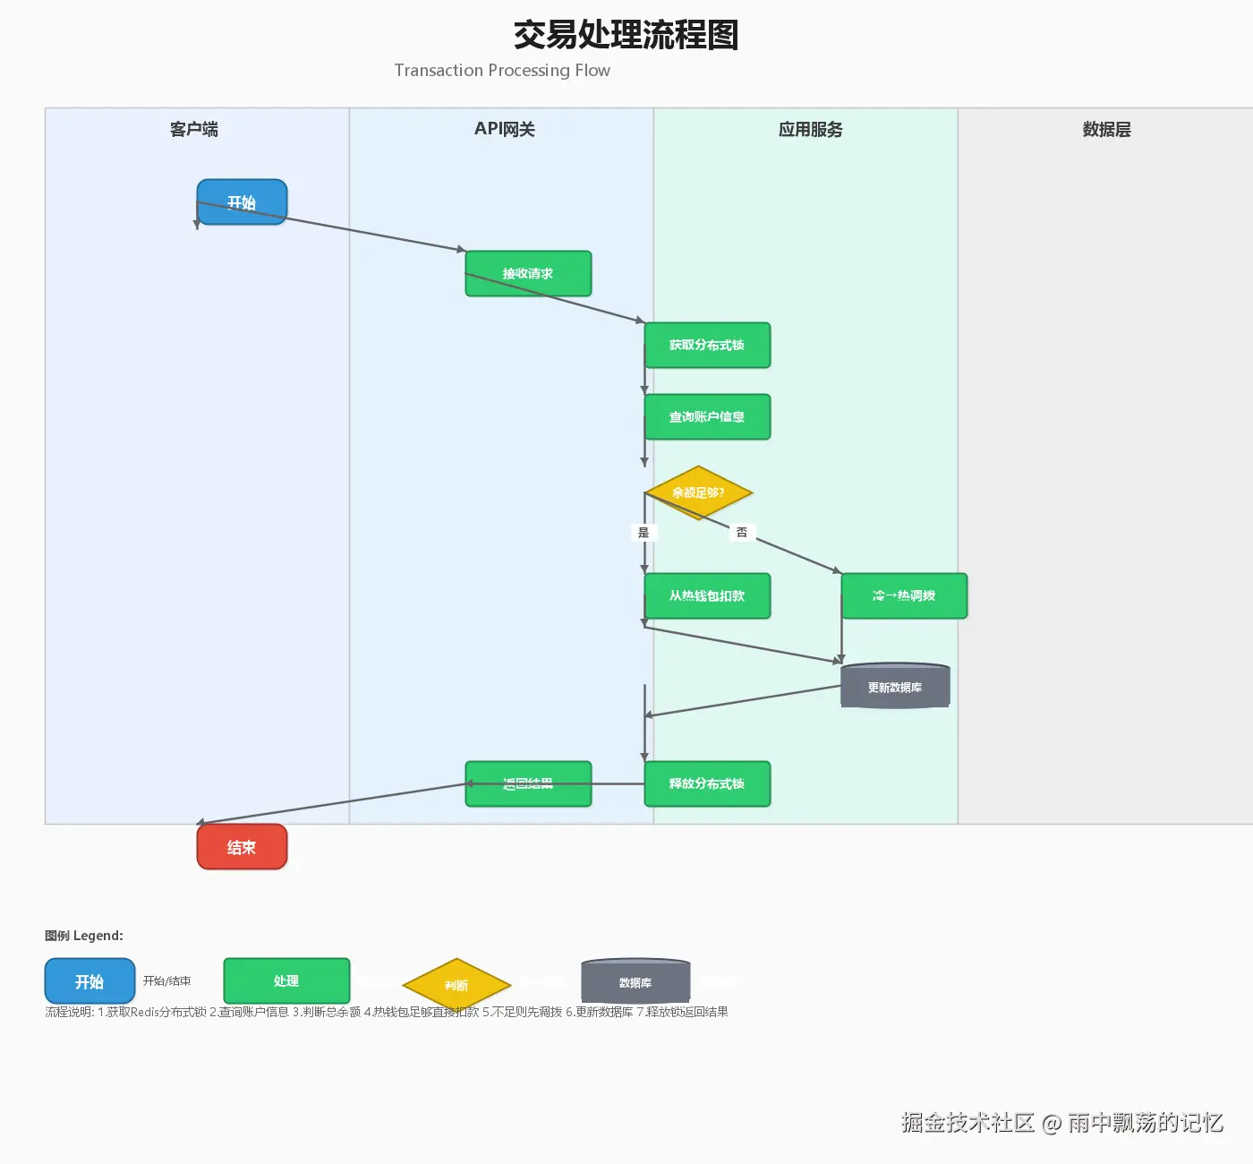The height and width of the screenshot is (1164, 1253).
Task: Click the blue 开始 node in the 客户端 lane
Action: click(x=242, y=202)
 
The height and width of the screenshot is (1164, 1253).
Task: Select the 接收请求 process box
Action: click(x=528, y=273)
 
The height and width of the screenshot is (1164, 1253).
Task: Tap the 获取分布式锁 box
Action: click(x=707, y=345)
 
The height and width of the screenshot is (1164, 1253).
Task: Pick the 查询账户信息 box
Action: click(x=707, y=416)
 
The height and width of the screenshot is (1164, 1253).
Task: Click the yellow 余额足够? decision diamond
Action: click(x=698, y=492)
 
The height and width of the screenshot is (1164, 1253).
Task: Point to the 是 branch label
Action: click(x=644, y=533)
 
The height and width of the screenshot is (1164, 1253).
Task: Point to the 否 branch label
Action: click(x=742, y=533)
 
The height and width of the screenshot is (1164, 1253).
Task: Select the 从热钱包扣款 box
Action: click(x=707, y=595)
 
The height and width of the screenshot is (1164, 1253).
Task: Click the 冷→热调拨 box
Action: click(x=904, y=595)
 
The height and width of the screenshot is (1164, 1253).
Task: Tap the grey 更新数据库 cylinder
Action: click(x=895, y=687)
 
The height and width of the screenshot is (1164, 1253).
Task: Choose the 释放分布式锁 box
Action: click(x=707, y=783)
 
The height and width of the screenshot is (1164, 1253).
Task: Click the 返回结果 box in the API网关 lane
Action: click(x=528, y=783)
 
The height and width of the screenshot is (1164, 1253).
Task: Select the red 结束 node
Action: click(x=242, y=847)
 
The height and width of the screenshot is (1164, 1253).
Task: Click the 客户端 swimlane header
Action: click(x=194, y=130)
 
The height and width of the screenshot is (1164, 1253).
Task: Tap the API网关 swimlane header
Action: click(x=505, y=130)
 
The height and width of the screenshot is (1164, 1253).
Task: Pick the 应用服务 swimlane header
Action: click(x=810, y=130)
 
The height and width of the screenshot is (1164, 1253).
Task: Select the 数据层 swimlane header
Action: click(x=1107, y=130)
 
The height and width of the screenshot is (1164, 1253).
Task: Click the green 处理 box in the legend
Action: click(x=286, y=981)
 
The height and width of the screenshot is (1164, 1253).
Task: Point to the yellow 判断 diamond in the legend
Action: click(x=456, y=985)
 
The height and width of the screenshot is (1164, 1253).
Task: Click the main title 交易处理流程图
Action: click(x=626, y=36)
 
